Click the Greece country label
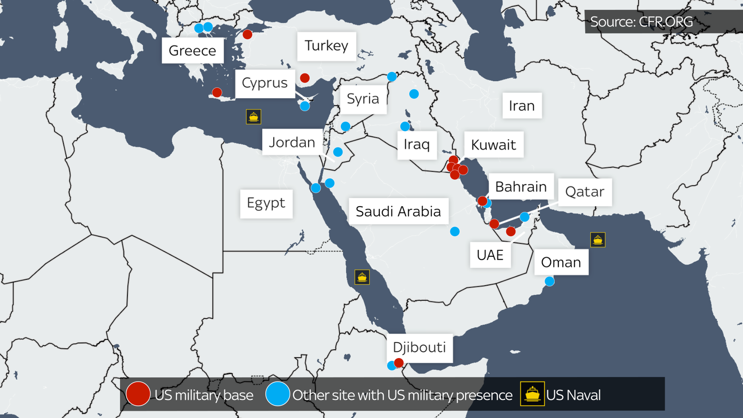(192, 50)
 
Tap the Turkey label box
(326, 46)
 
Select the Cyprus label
(265, 83)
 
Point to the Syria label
(363, 99)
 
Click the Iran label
(522, 106)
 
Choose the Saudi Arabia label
(398, 211)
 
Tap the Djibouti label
(419, 348)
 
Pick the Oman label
(561, 262)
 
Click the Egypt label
(266, 203)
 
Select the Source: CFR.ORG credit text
(641, 22)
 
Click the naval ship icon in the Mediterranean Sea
(253, 117)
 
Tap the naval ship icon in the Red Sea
(362, 277)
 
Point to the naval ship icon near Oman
(598, 240)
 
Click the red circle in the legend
(138, 394)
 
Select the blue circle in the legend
(278, 394)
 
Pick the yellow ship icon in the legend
(532, 394)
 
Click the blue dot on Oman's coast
(550, 281)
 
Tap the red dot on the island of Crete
(217, 92)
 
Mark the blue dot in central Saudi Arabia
(455, 231)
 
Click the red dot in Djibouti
(399, 362)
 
